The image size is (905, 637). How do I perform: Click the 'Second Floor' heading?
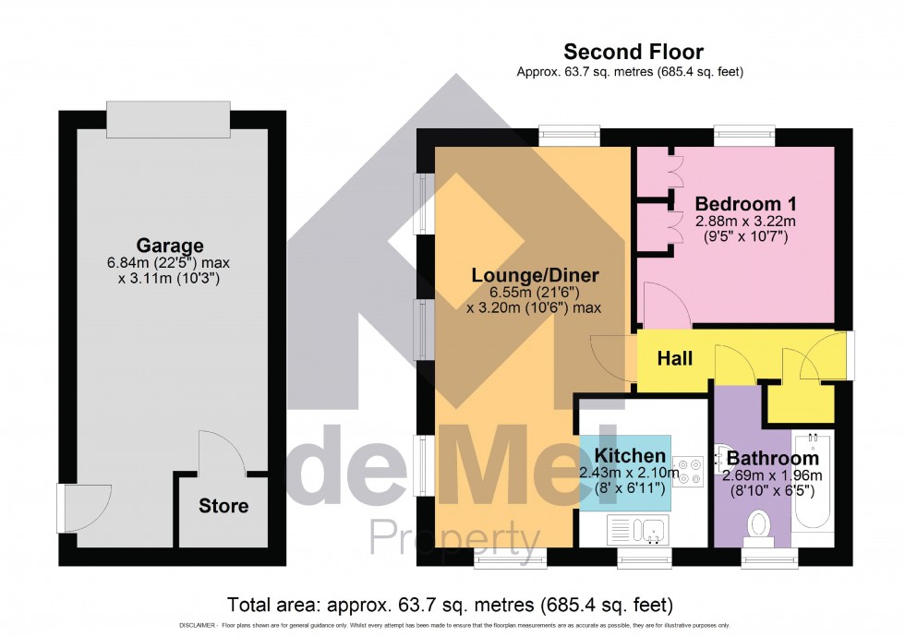pyautogui.click(x=633, y=52)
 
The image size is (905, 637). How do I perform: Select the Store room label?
pyautogui.click(x=223, y=506)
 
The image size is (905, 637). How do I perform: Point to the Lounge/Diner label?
pyautogui.click(x=535, y=275)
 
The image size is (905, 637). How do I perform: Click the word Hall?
pyautogui.click(x=675, y=358)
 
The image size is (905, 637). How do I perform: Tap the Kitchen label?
pyautogui.click(x=630, y=456)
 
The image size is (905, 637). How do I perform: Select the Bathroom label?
pyautogui.click(x=772, y=458)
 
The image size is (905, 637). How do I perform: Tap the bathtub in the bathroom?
pyautogui.click(x=814, y=480)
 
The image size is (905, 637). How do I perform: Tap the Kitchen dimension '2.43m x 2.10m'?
pyautogui.click(x=630, y=474)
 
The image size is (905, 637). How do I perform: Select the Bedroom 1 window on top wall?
pyautogui.click(x=743, y=135)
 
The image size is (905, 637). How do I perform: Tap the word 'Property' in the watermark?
pyautogui.click(x=454, y=536)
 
